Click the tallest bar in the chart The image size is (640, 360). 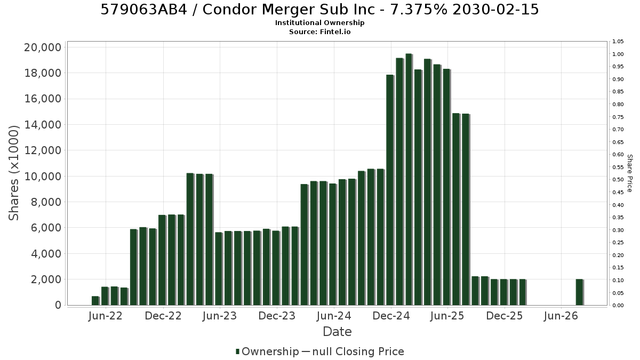click(x=409, y=179)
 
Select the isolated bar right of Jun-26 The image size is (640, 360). click(x=580, y=292)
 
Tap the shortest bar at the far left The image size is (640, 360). click(x=95, y=301)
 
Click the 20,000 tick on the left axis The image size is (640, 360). click(x=43, y=47)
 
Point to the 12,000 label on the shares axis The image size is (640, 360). click(x=43, y=150)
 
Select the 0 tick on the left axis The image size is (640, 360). click(x=58, y=305)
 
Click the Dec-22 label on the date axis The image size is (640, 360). click(x=163, y=316)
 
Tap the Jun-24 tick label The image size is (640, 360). click(x=334, y=316)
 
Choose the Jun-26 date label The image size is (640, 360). click(x=561, y=316)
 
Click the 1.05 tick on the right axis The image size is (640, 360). click(x=618, y=42)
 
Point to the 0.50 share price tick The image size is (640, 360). click(x=618, y=180)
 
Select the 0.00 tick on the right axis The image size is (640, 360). click(x=618, y=306)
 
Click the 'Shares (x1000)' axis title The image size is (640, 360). click(x=13, y=173)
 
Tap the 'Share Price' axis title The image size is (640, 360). click(x=629, y=173)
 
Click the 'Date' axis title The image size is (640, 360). click(x=337, y=332)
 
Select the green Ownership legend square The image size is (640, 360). click(x=237, y=351)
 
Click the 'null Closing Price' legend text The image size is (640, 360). click(x=358, y=351)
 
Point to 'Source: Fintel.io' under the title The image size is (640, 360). click(x=319, y=31)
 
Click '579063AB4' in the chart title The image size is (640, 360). click(x=143, y=10)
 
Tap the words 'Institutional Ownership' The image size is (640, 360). click(x=319, y=23)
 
